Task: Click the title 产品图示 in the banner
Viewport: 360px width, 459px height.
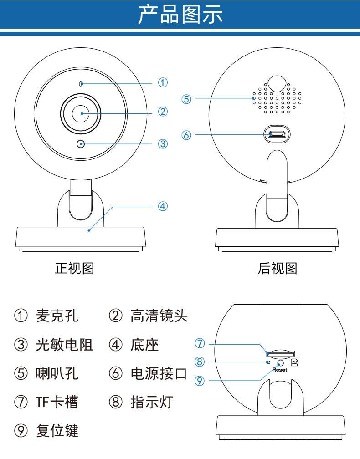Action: (180, 15)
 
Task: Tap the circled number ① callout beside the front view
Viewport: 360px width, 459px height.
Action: (163, 82)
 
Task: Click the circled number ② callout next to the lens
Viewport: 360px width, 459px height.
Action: (163, 112)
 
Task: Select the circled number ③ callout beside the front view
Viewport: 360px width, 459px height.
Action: (163, 144)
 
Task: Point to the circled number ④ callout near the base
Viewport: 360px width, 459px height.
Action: (163, 206)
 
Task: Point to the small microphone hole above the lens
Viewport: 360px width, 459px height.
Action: (81, 83)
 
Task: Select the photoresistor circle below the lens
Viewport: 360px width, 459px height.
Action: (81, 144)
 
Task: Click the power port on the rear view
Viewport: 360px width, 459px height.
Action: (277, 134)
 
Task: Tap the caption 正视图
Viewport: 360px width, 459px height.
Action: (75, 269)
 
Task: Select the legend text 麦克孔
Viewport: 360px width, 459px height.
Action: (57, 316)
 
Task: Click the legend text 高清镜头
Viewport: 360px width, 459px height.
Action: (159, 316)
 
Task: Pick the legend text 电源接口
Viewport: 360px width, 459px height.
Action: (159, 374)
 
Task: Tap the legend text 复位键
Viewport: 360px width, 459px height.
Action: (57, 430)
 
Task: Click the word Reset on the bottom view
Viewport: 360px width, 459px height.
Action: (280, 370)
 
